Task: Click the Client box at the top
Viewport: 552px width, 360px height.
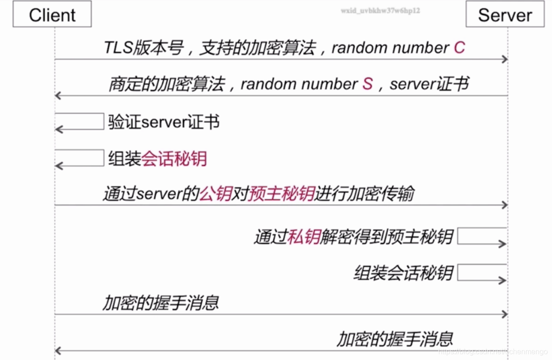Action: (52, 15)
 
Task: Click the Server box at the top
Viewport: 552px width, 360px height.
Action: (505, 15)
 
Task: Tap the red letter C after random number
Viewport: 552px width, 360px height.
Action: (459, 47)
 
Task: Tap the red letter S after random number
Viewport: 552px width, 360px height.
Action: (367, 84)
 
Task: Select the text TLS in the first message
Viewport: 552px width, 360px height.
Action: (118, 48)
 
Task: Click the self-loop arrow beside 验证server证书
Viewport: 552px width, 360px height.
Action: (79, 121)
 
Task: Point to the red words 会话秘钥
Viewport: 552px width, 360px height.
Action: (174, 159)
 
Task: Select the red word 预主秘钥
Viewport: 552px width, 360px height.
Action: (281, 194)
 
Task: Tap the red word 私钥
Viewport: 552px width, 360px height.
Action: (304, 237)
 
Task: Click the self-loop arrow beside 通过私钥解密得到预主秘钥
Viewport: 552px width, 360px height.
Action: (482, 236)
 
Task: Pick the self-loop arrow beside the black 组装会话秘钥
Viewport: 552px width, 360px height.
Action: (482, 273)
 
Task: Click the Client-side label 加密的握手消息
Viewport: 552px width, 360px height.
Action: (161, 303)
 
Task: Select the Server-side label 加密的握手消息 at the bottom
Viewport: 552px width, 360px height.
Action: (395, 339)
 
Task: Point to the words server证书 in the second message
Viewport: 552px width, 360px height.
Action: (429, 84)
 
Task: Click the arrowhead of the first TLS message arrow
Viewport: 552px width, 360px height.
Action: (505, 59)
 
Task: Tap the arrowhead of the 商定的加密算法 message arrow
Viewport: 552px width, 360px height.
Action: (58, 96)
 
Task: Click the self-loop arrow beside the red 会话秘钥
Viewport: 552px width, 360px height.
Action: (79, 158)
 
